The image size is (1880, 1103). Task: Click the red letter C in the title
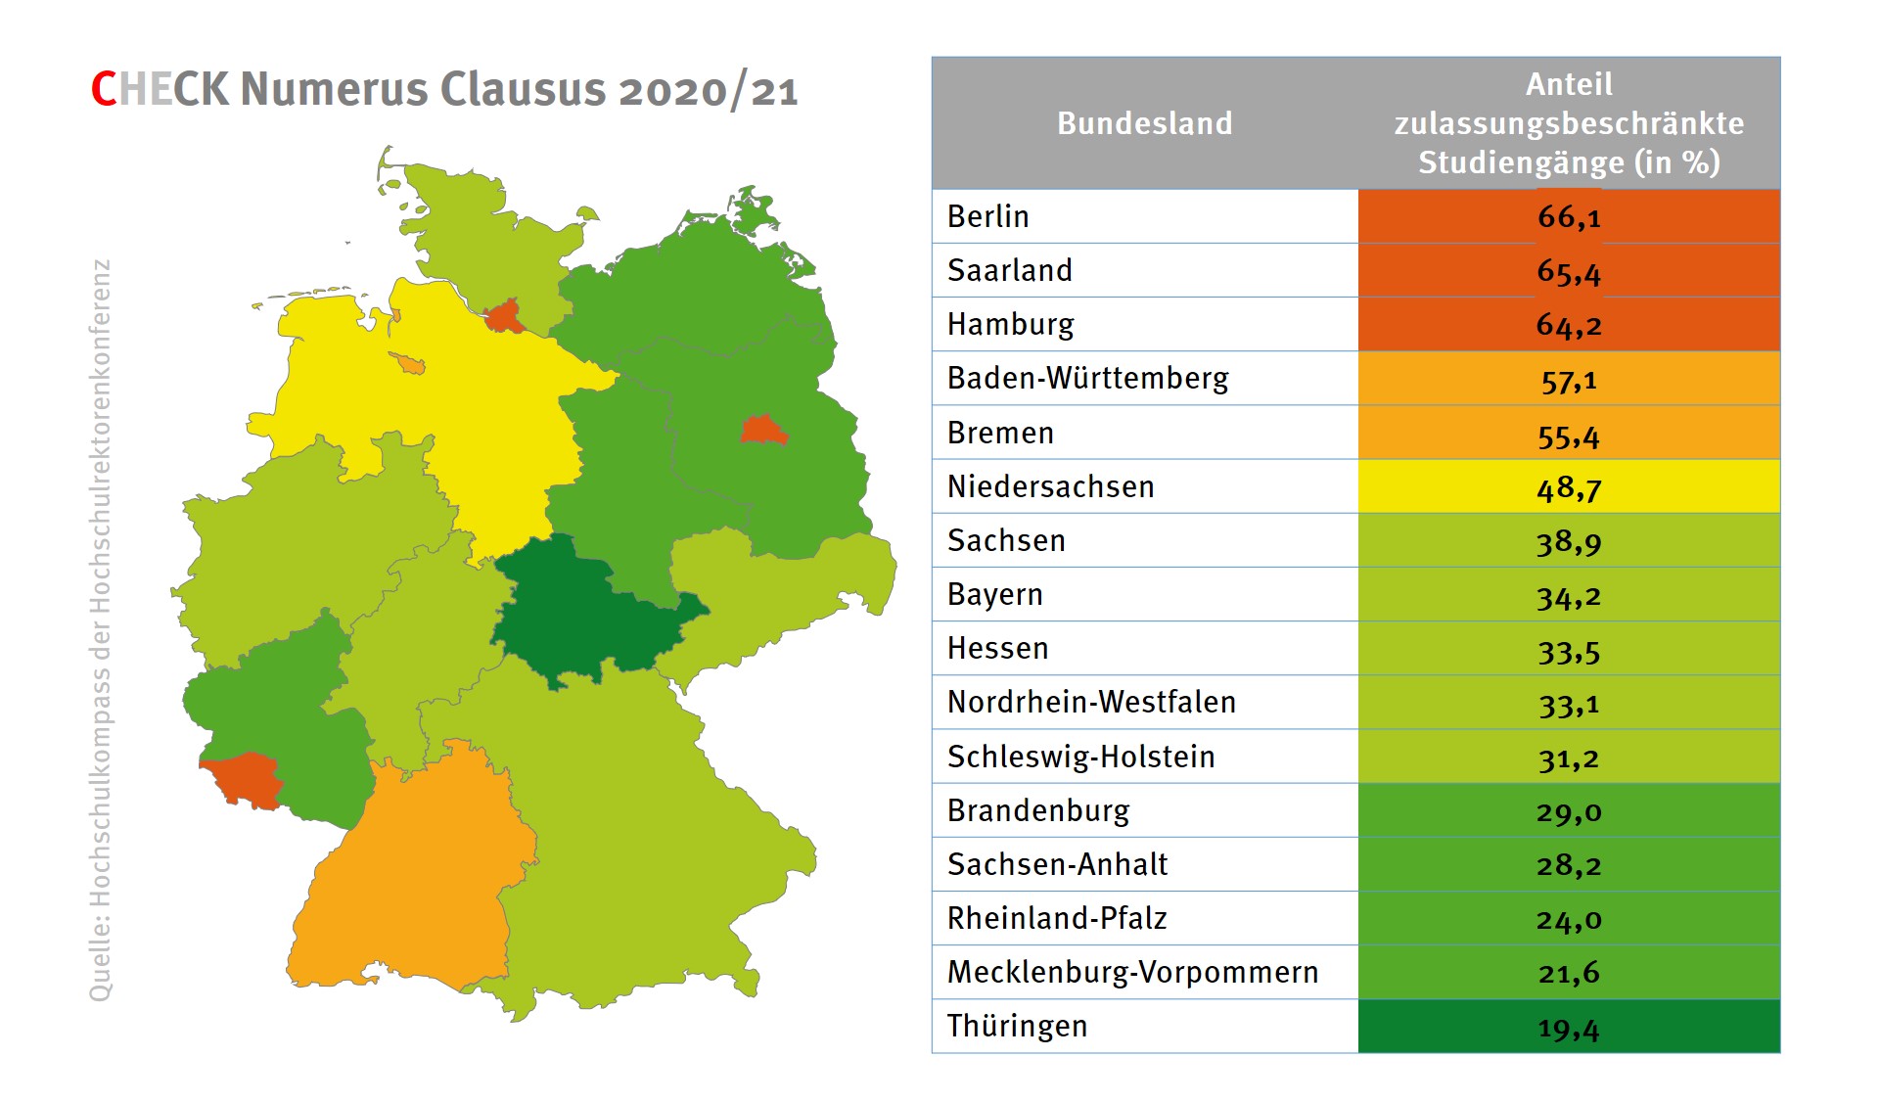104,89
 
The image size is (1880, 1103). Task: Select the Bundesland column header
1144,123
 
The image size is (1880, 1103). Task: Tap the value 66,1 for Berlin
1568,216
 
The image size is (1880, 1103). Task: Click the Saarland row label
1009,270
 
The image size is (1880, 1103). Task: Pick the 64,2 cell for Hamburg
1568,324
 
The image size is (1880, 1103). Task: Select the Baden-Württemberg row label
1087,378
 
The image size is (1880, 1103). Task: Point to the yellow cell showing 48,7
1568,486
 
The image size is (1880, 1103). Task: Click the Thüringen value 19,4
1568,1027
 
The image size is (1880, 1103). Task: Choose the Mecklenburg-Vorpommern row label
1132,972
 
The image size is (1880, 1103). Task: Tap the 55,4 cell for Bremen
1568,433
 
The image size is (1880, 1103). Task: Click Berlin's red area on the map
762,430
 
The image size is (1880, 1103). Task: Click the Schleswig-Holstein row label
1080,757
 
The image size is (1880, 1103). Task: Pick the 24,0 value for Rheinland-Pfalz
1568,918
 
